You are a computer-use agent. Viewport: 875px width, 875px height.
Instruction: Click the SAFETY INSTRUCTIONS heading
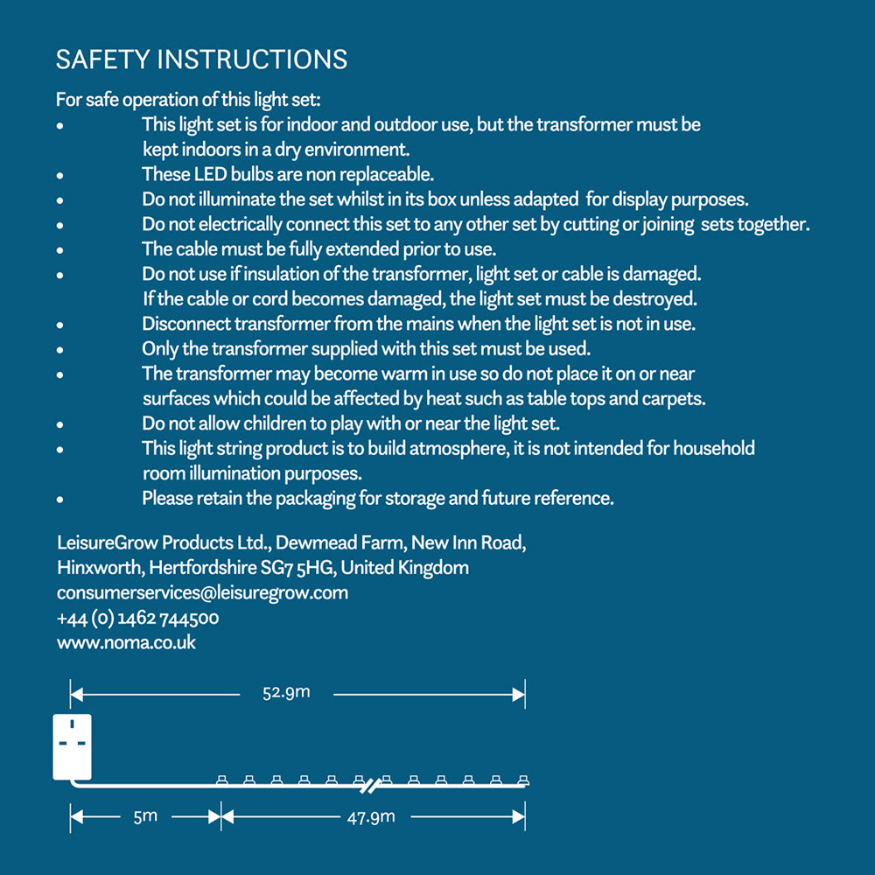(201, 59)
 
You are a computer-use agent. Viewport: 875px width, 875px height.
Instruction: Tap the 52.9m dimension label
(286, 693)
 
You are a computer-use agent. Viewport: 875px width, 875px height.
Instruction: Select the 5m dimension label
(145, 816)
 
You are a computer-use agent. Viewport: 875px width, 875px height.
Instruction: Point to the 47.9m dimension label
(371, 817)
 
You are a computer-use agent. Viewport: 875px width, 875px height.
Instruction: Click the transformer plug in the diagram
(73, 746)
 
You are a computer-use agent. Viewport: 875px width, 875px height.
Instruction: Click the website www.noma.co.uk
(127, 642)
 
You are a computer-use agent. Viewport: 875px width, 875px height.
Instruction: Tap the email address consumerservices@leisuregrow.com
(202, 592)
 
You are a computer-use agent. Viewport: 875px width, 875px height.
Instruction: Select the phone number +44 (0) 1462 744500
(137, 618)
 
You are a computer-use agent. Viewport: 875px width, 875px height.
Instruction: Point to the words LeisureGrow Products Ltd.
(165, 542)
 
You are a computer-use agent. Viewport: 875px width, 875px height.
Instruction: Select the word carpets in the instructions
(675, 399)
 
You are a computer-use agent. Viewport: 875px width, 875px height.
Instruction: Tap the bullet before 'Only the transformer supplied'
(60, 350)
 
